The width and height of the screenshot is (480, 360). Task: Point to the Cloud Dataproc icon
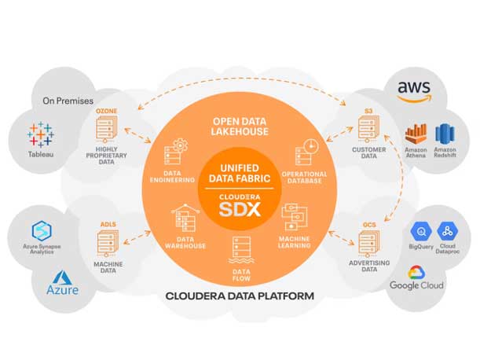[447, 230]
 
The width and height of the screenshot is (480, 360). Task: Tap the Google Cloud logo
[417, 277]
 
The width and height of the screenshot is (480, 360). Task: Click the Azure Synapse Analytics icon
[41, 230]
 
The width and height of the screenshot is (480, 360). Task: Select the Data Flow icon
[240, 250]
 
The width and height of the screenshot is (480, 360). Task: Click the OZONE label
[107, 112]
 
